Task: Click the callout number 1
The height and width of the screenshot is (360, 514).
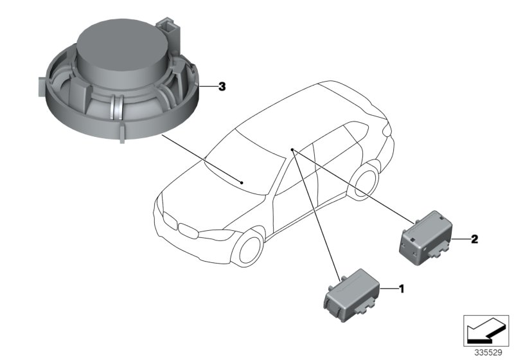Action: point(402,289)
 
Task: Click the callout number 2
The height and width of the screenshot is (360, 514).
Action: point(474,239)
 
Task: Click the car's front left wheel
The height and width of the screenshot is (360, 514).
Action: point(249,247)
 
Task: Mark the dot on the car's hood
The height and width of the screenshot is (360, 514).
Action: point(242,183)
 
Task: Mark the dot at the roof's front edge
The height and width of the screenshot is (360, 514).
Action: point(291,149)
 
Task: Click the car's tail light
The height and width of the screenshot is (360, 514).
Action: point(387,129)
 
